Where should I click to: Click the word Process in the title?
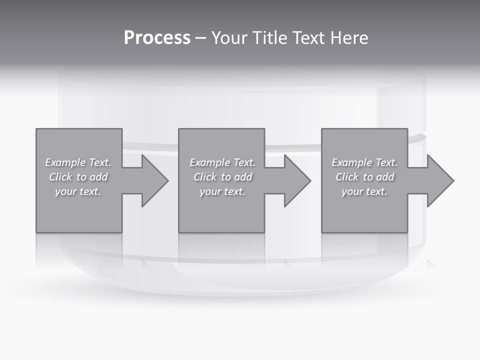157,38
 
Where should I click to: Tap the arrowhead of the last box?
439,180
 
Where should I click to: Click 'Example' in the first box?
65,162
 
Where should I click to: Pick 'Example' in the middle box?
209,162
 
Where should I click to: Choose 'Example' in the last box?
351,162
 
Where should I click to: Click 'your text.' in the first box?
78,191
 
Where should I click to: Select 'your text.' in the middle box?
222,191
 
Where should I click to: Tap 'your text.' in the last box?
364,191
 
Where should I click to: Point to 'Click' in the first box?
60,177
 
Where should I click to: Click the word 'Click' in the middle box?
205,177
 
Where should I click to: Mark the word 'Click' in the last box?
347,177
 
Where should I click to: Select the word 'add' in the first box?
98,177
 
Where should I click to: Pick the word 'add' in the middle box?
243,177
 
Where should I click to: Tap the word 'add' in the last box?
385,177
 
